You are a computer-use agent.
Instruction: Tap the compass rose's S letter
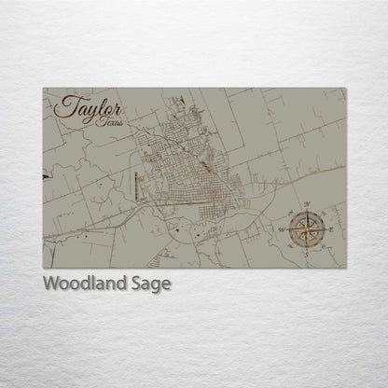(306, 250)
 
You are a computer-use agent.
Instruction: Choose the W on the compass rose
(284, 228)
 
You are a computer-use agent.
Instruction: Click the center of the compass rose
(306, 228)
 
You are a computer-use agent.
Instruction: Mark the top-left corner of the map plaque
(43, 88)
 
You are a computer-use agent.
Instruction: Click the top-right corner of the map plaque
(347, 88)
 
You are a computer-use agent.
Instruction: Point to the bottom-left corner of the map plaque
(43, 269)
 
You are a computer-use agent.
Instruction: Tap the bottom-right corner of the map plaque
(347, 269)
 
